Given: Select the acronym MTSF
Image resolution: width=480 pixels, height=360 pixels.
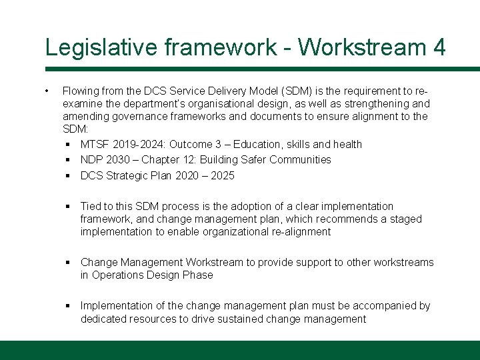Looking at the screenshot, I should tap(95, 144).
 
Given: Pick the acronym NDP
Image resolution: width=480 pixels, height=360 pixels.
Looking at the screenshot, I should tap(92, 159).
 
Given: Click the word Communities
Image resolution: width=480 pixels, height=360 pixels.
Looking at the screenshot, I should tap(297, 159).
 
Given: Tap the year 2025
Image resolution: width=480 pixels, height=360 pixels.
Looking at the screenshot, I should tap(221, 175).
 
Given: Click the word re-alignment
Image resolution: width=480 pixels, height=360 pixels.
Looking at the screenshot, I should tap(298, 231).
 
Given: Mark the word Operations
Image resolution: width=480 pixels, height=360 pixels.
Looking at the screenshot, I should tap(117, 275).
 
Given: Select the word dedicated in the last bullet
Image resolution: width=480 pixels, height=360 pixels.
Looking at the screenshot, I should tap(103, 319).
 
